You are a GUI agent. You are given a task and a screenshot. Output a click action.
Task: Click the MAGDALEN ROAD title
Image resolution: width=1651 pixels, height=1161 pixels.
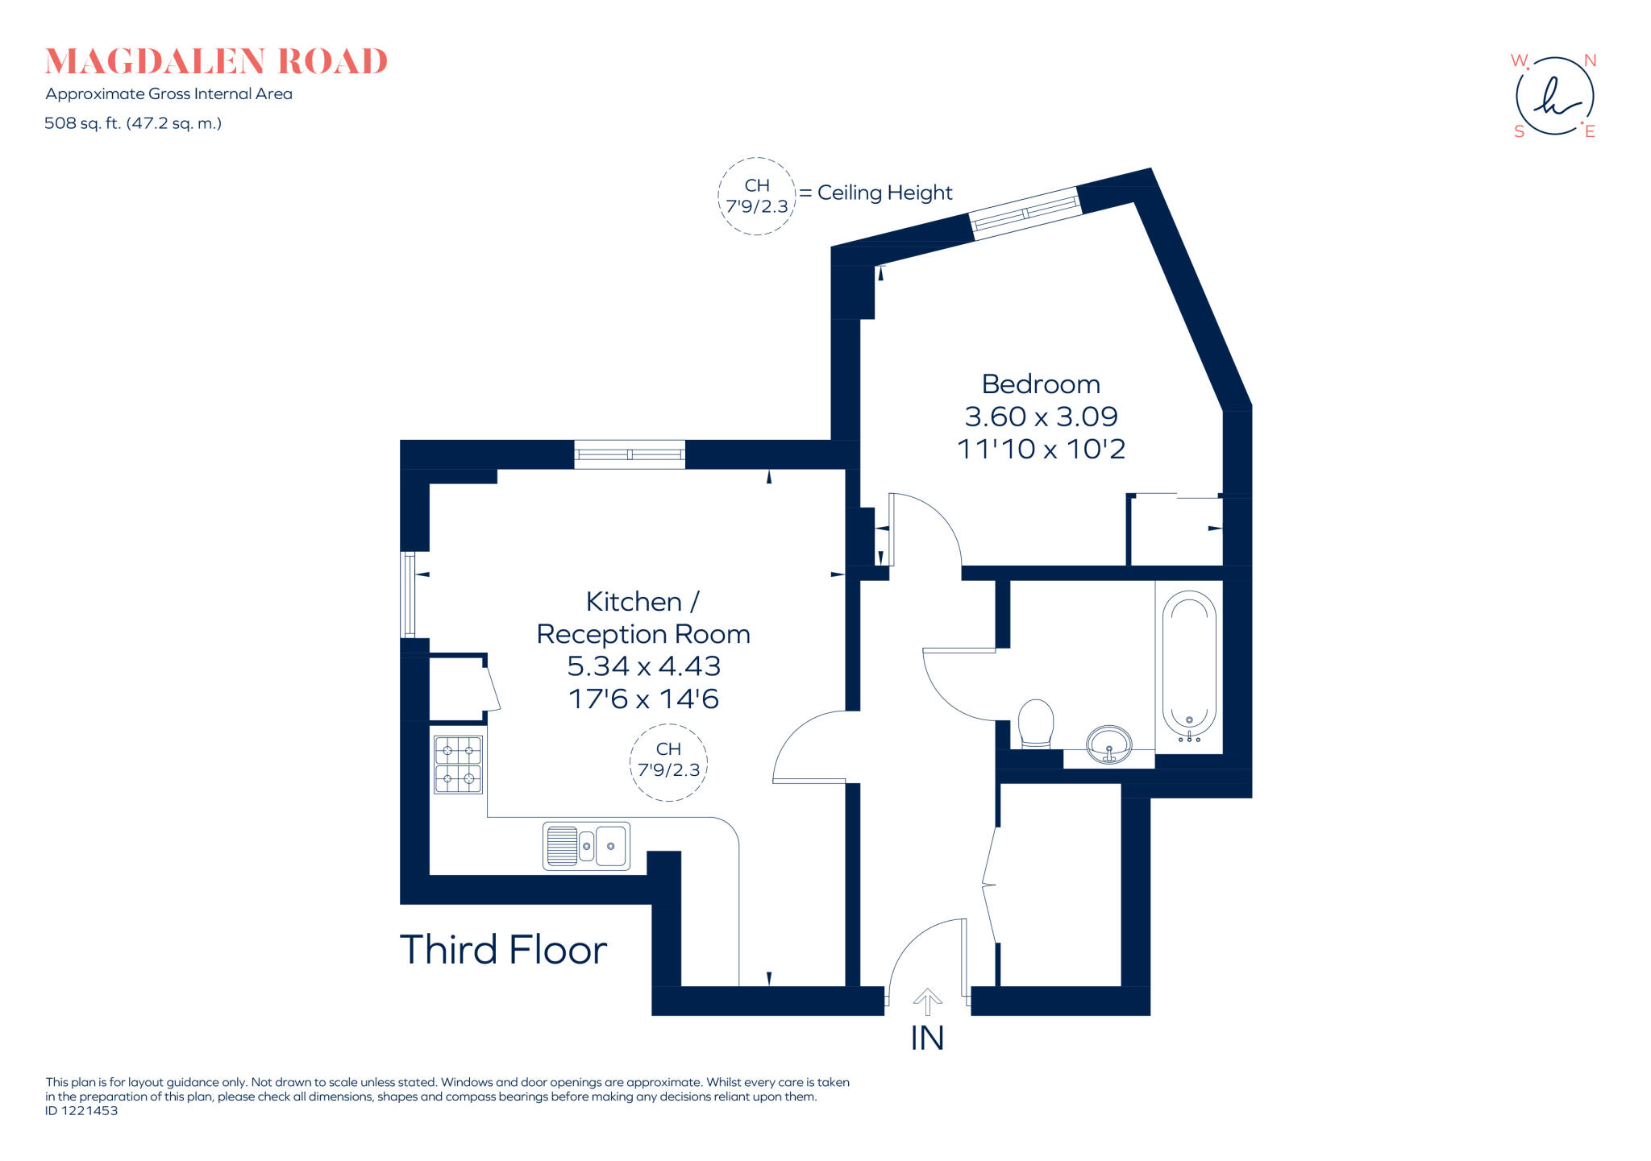(216, 62)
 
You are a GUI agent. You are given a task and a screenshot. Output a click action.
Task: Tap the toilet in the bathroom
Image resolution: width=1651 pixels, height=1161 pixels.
(1036, 723)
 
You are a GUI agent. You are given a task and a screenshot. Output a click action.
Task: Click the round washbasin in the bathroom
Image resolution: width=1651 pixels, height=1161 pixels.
(1109, 743)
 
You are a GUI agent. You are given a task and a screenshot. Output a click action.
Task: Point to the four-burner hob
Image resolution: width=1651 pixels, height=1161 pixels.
(458, 765)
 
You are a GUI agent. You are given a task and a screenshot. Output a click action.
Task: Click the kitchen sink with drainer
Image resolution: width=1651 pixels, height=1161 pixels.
(586, 845)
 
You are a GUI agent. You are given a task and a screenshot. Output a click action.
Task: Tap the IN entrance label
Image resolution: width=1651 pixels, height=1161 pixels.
(927, 1039)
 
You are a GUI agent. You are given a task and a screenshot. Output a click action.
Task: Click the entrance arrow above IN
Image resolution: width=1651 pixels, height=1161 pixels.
(927, 1001)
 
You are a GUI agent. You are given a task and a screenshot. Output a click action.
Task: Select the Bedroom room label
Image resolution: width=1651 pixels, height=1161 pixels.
(1041, 384)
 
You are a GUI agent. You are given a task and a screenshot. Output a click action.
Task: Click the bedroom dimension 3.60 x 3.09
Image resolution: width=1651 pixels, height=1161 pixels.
(1041, 417)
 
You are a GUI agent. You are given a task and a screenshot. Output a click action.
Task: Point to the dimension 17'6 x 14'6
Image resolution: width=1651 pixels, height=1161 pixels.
(643, 699)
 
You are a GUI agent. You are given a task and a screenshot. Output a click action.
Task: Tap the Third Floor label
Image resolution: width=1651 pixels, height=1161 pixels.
(503, 950)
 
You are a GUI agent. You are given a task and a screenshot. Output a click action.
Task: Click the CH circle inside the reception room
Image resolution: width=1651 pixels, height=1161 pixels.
(668, 761)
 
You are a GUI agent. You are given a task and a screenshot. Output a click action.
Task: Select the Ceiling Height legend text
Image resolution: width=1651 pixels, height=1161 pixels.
(884, 193)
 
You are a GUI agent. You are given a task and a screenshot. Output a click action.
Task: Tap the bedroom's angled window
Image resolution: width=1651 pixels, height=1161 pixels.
(1024, 214)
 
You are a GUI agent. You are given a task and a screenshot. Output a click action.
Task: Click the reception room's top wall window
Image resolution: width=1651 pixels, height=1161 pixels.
(630, 454)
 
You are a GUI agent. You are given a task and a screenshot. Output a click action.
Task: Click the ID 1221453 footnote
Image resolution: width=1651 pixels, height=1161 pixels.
(81, 1110)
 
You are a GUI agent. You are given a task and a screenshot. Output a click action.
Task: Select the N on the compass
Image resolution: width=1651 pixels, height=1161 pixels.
(1590, 61)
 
